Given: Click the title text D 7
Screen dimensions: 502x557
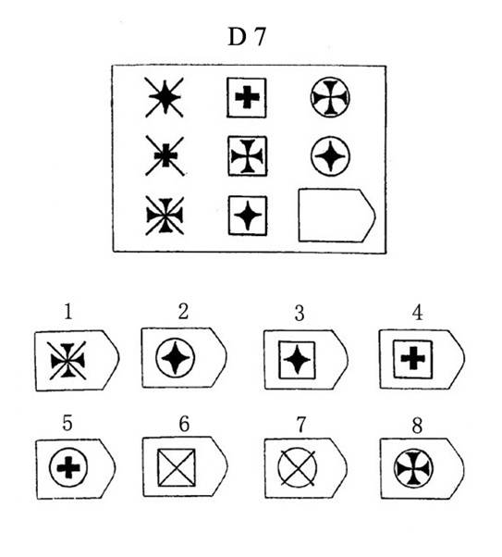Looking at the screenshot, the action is pos(247,37).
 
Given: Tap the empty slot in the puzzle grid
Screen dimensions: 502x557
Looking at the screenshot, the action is pos(337,216).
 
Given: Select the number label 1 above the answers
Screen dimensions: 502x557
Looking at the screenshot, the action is pos(68,312).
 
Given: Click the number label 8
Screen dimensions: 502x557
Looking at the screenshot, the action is pos(417,425).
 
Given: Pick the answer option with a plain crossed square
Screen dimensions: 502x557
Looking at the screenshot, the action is pos(185,466).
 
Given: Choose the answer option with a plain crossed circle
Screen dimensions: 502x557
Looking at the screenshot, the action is pos(306,468).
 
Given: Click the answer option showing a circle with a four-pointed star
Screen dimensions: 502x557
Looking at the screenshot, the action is pos(184,357).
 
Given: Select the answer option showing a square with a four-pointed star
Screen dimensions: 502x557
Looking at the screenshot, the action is pos(306,360).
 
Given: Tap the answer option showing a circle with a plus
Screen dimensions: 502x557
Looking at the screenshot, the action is pos(76,469).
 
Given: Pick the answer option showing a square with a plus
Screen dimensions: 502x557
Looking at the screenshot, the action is pos(422,359).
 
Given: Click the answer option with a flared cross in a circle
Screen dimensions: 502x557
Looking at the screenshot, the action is pos(422,468).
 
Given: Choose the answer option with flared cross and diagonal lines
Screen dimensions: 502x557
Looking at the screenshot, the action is pos(77,361).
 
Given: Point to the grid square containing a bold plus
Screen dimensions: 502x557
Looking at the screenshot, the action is pos(247,98).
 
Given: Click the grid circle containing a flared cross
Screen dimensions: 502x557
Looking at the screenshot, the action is pos(330,98).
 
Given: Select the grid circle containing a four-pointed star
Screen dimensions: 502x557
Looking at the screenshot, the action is pos(331,156).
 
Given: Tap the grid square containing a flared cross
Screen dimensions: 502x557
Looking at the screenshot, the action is pos(248,156).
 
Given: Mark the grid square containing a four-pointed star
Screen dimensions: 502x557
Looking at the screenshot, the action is pos(248,216).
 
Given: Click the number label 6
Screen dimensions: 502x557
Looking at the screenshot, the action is pos(184,424).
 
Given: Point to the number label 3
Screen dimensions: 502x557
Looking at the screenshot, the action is pos(300,314).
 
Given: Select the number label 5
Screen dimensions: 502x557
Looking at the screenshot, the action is pos(67,423).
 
